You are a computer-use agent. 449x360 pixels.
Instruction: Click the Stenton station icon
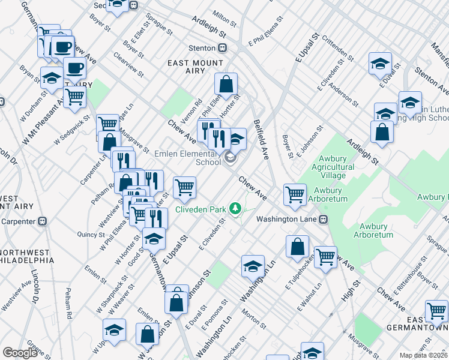click(223, 47)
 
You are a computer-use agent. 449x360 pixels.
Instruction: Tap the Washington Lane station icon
click(324, 219)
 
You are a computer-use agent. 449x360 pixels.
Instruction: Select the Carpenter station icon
click(42, 221)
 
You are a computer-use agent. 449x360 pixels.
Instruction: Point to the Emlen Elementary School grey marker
click(231, 158)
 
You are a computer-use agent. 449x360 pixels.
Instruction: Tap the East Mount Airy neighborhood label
click(196, 67)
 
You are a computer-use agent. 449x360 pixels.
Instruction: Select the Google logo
click(20, 353)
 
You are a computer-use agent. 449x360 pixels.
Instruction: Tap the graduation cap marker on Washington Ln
click(253, 265)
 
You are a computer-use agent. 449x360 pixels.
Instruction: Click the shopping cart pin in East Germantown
click(436, 311)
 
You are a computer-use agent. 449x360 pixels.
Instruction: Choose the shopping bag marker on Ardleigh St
click(382, 131)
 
